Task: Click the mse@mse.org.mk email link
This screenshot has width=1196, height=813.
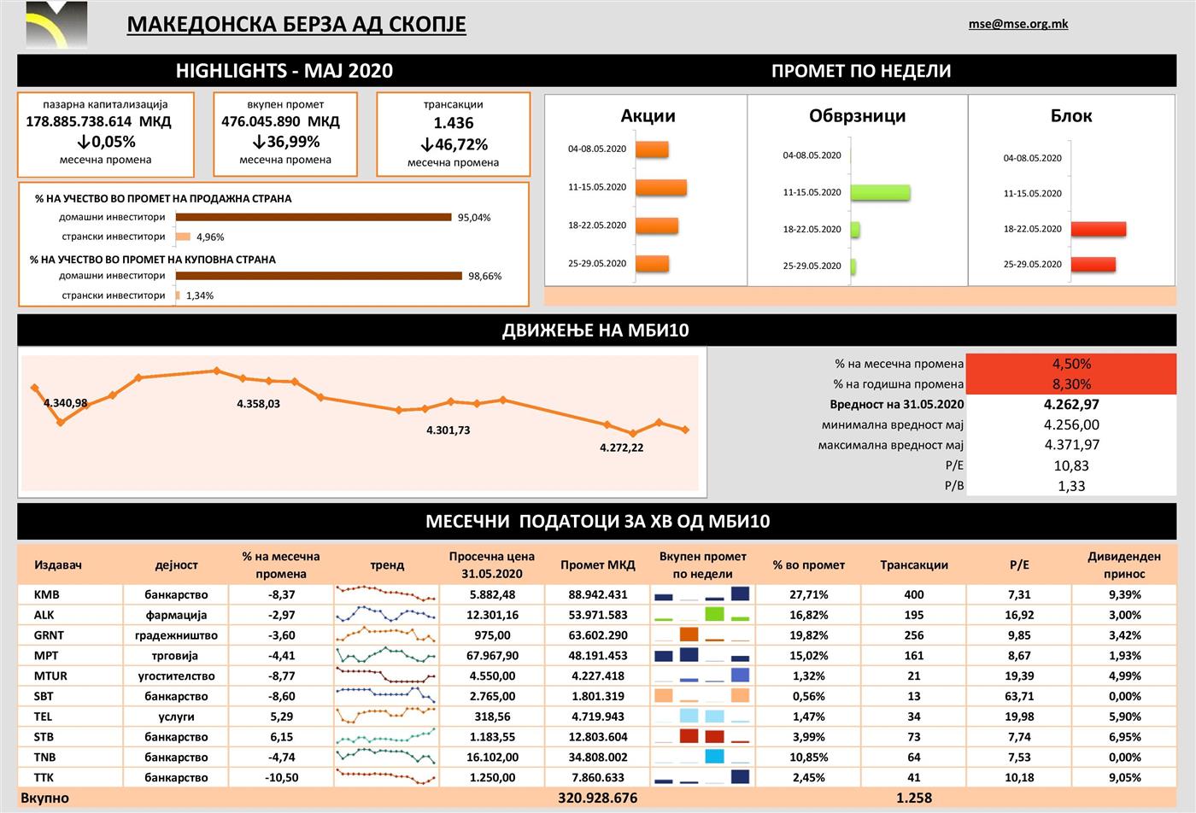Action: tap(1017, 24)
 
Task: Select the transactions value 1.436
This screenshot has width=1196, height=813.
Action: tap(453, 123)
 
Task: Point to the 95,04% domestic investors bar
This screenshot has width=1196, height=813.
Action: tap(314, 217)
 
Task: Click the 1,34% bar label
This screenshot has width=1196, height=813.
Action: tap(200, 295)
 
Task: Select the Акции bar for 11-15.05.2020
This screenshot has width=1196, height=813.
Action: tap(660, 187)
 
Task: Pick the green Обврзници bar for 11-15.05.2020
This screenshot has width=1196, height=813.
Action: tap(880, 192)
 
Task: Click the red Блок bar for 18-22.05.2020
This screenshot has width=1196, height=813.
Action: tap(1098, 229)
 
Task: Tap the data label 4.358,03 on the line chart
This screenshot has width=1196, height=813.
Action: tap(258, 404)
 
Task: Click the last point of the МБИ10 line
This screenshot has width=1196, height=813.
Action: tap(685, 430)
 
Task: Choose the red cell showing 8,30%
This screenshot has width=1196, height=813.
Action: tap(1070, 384)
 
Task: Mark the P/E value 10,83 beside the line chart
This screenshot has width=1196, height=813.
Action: tap(1071, 465)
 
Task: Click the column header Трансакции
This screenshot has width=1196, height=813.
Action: tap(913, 564)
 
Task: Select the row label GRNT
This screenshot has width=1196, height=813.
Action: tap(49, 635)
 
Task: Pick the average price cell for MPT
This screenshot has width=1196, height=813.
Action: tap(492, 656)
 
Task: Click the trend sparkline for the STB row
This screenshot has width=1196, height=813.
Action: tap(386, 736)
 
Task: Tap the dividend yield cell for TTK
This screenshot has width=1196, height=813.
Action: tap(1124, 777)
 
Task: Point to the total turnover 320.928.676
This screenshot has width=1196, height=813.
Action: tap(597, 798)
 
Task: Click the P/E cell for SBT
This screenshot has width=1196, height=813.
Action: tap(1018, 696)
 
